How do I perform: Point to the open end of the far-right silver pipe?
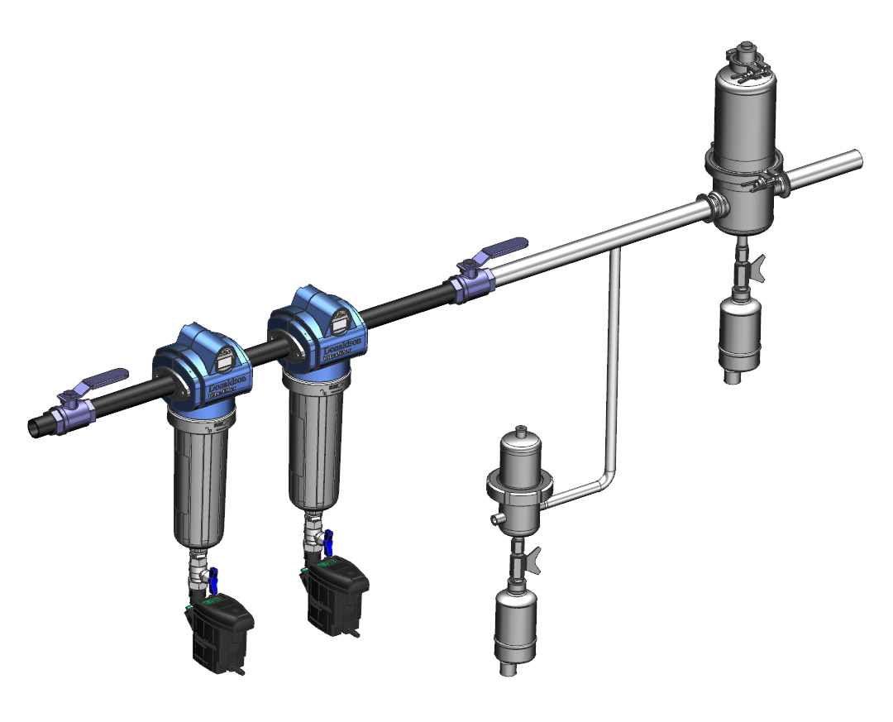[855, 158]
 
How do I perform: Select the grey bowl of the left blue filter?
[201, 483]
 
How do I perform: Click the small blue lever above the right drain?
[328, 542]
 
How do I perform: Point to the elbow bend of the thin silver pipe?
[607, 481]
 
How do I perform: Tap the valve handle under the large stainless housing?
[757, 265]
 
